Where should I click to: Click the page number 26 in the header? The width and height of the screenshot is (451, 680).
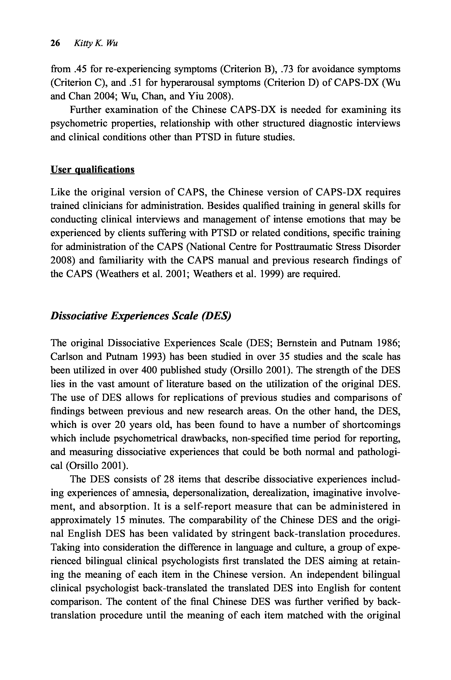(55, 43)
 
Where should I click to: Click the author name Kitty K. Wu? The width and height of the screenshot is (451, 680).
(96, 43)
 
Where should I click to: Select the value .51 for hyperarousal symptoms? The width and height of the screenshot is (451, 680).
(135, 83)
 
